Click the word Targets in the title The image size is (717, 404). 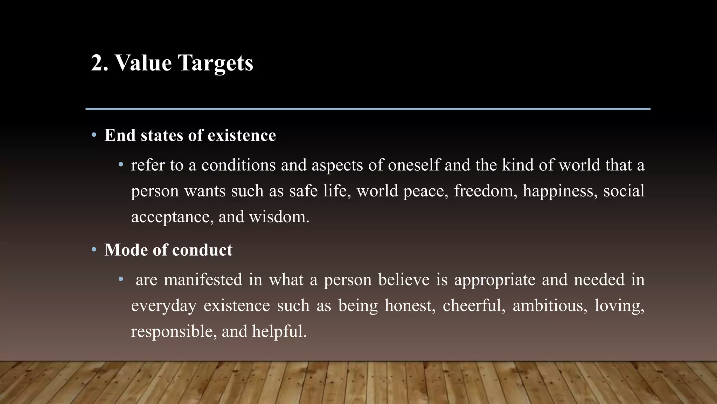pos(215,63)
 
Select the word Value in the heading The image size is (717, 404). pos(144,63)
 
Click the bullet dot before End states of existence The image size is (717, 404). pos(94,135)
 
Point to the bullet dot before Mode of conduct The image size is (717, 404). pos(94,250)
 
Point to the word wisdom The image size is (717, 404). pos(279,217)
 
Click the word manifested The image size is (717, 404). pos(203,280)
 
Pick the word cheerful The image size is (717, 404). pos(474,305)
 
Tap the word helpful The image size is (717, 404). pos(279,331)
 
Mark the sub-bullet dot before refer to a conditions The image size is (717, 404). pos(121,164)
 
